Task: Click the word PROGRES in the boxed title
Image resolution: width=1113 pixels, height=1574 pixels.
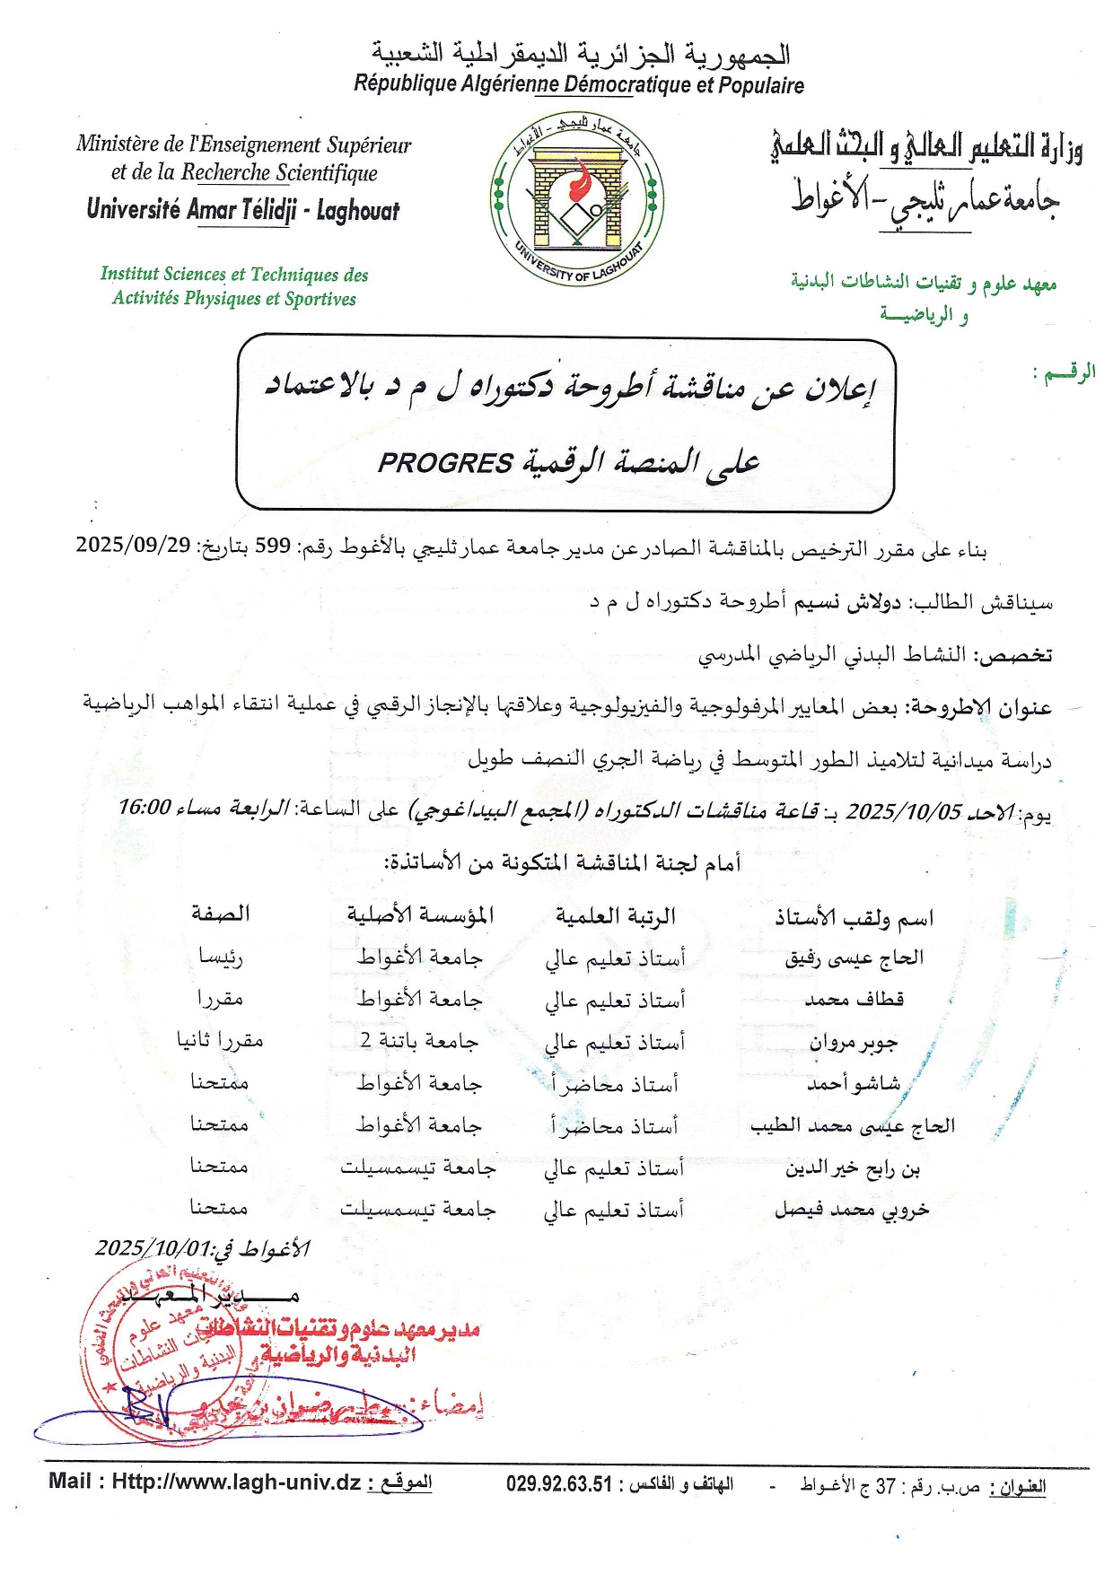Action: click(x=445, y=463)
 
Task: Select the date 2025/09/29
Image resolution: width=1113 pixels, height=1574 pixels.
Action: click(x=133, y=545)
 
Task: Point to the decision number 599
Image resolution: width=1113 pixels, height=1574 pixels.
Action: click(x=273, y=546)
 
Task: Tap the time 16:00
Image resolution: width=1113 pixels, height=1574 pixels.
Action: click(x=145, y=807)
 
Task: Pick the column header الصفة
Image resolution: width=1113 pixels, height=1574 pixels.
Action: click(x=220, y=914)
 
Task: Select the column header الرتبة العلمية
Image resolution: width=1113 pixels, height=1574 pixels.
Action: click(x=615, y=916)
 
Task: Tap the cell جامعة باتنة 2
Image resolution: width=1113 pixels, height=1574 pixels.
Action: click(x=419, y=1041)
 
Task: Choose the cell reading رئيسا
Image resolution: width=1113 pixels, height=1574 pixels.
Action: click(x=220, y=957)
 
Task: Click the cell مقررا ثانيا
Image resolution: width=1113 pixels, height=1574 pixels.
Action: click(x=220, y=1041)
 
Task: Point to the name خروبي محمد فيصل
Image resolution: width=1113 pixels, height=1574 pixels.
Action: click(x=852, y=1210)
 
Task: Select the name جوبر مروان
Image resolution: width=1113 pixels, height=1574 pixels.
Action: click(x=853, y=1042)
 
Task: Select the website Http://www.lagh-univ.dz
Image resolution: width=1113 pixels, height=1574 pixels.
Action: click(x=236, y=1482)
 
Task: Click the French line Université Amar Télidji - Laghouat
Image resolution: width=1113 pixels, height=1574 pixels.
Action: click(x=243, y=210)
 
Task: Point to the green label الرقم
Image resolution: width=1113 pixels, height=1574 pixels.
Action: click(x=1065, y=372)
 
